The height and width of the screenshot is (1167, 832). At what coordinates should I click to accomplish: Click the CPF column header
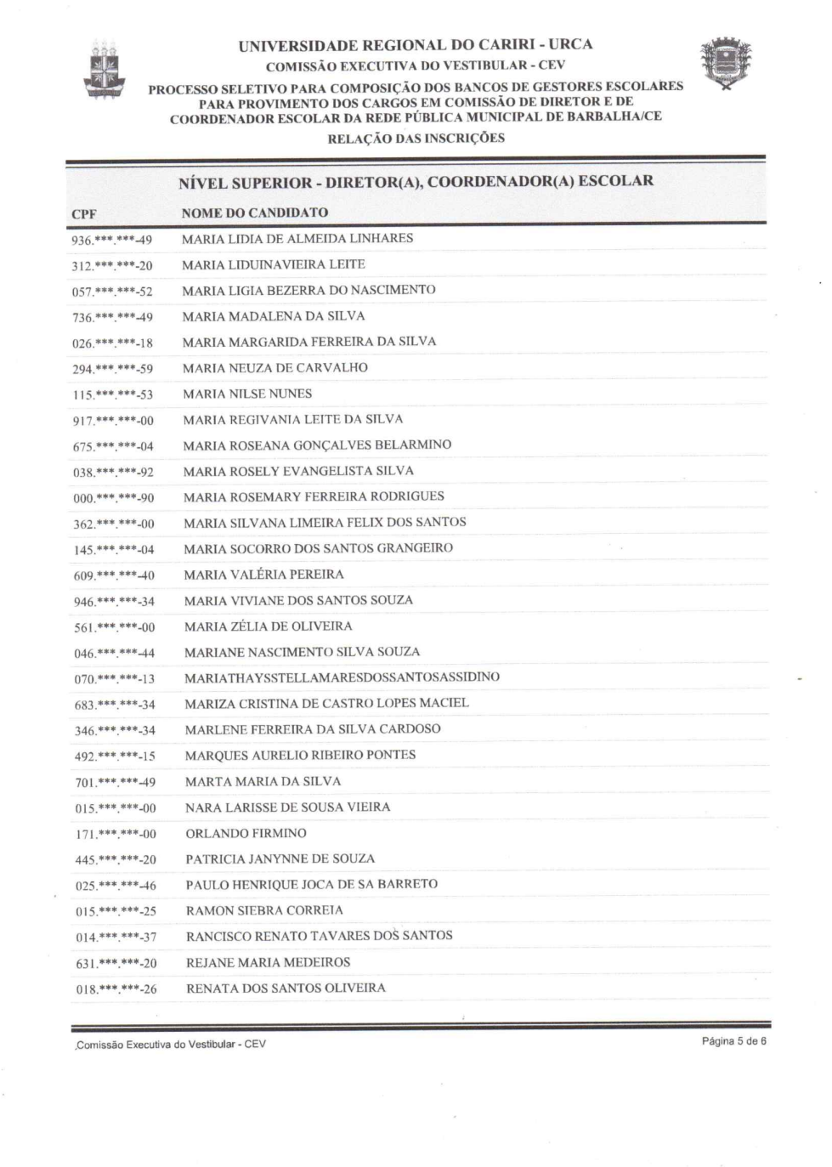(84, 214)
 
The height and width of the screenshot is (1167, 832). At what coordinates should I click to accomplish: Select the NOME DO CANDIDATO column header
(254, 212)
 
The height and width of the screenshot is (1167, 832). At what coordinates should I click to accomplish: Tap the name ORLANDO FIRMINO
(246, 833)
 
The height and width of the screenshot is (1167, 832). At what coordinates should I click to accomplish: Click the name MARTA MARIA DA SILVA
(263, 781)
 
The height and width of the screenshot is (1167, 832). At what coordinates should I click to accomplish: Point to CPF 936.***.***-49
(111, 241)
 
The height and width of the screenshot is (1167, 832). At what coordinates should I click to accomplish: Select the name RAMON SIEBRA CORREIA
(264, 910)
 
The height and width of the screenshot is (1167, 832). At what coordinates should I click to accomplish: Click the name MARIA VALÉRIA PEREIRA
(263, 575)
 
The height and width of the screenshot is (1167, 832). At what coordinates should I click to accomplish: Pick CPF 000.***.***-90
(113, 498)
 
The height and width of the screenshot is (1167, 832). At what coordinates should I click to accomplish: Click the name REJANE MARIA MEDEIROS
(268, 962)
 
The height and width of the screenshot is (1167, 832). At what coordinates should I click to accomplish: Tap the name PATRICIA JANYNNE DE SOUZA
(280, 858)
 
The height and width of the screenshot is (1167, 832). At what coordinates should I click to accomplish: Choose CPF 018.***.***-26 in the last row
(116, 989)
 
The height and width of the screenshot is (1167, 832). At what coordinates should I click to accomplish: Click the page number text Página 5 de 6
(733, 1041)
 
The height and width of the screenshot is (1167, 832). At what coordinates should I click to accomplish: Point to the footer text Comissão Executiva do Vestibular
(171, 1044)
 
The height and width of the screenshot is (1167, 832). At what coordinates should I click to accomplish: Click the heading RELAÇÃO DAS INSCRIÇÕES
(416, 138)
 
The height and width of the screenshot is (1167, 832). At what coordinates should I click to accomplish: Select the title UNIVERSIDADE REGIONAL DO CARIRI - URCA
(416, 45)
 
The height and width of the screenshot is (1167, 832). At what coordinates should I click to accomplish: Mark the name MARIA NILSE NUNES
(247, 394)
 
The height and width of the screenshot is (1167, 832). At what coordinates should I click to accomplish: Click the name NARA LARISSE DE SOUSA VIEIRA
(287, 807)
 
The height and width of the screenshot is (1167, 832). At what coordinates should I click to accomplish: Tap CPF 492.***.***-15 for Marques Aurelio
(115, 756)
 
